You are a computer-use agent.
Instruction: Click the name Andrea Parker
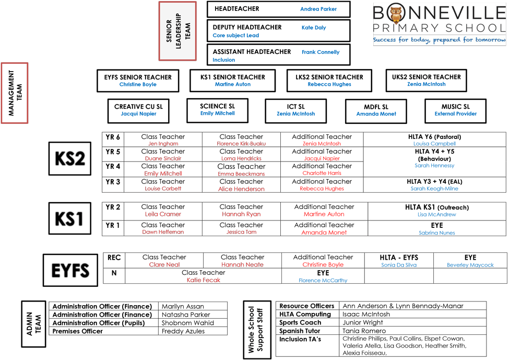(x=318, y=9)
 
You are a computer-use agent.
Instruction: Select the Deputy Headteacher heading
(x=247, y=27)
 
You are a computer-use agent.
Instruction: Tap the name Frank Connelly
(x=321, y=52)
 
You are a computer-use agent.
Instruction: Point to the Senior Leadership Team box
(x=177, y=31)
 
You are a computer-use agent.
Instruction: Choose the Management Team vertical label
(x=14, y=93)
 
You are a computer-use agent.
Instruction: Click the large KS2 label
(x=69, y=158)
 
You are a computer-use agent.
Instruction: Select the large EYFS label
(x=70, y=271)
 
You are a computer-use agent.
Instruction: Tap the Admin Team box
(x=33, y=323)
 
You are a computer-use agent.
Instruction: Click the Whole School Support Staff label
(x=257, y=330)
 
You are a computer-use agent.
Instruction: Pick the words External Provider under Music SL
(x=456, y=114)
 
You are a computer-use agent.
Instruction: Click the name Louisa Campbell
(x=434, y=144)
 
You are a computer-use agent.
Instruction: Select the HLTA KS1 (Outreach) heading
(x=437, y=207)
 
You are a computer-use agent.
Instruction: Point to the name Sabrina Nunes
(x=437, y=233)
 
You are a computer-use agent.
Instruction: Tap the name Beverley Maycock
(x=470, y=265)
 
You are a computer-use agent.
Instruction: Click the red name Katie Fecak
(x=204, y=281)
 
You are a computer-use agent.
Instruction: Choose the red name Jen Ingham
(x=163, y=144)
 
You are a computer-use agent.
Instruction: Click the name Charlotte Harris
(x=322, y=173)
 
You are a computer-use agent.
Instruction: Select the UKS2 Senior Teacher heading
(x=426, y=77)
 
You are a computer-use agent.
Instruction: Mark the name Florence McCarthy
(x=323, y=281)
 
